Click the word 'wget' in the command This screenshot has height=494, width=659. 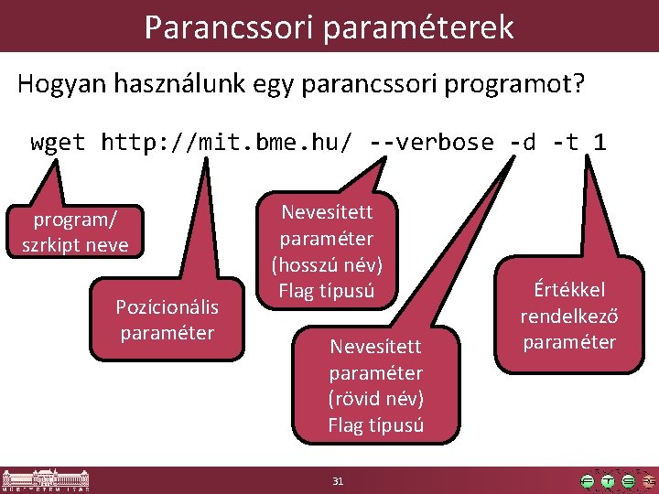point(58,142)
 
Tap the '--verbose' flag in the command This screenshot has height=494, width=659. point(430,142)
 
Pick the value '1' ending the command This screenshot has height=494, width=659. point(600,142)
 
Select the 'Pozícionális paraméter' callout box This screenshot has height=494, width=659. point(166,319)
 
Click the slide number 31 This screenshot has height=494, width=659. point(338,481)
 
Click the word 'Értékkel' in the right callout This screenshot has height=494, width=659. point(569,291)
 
